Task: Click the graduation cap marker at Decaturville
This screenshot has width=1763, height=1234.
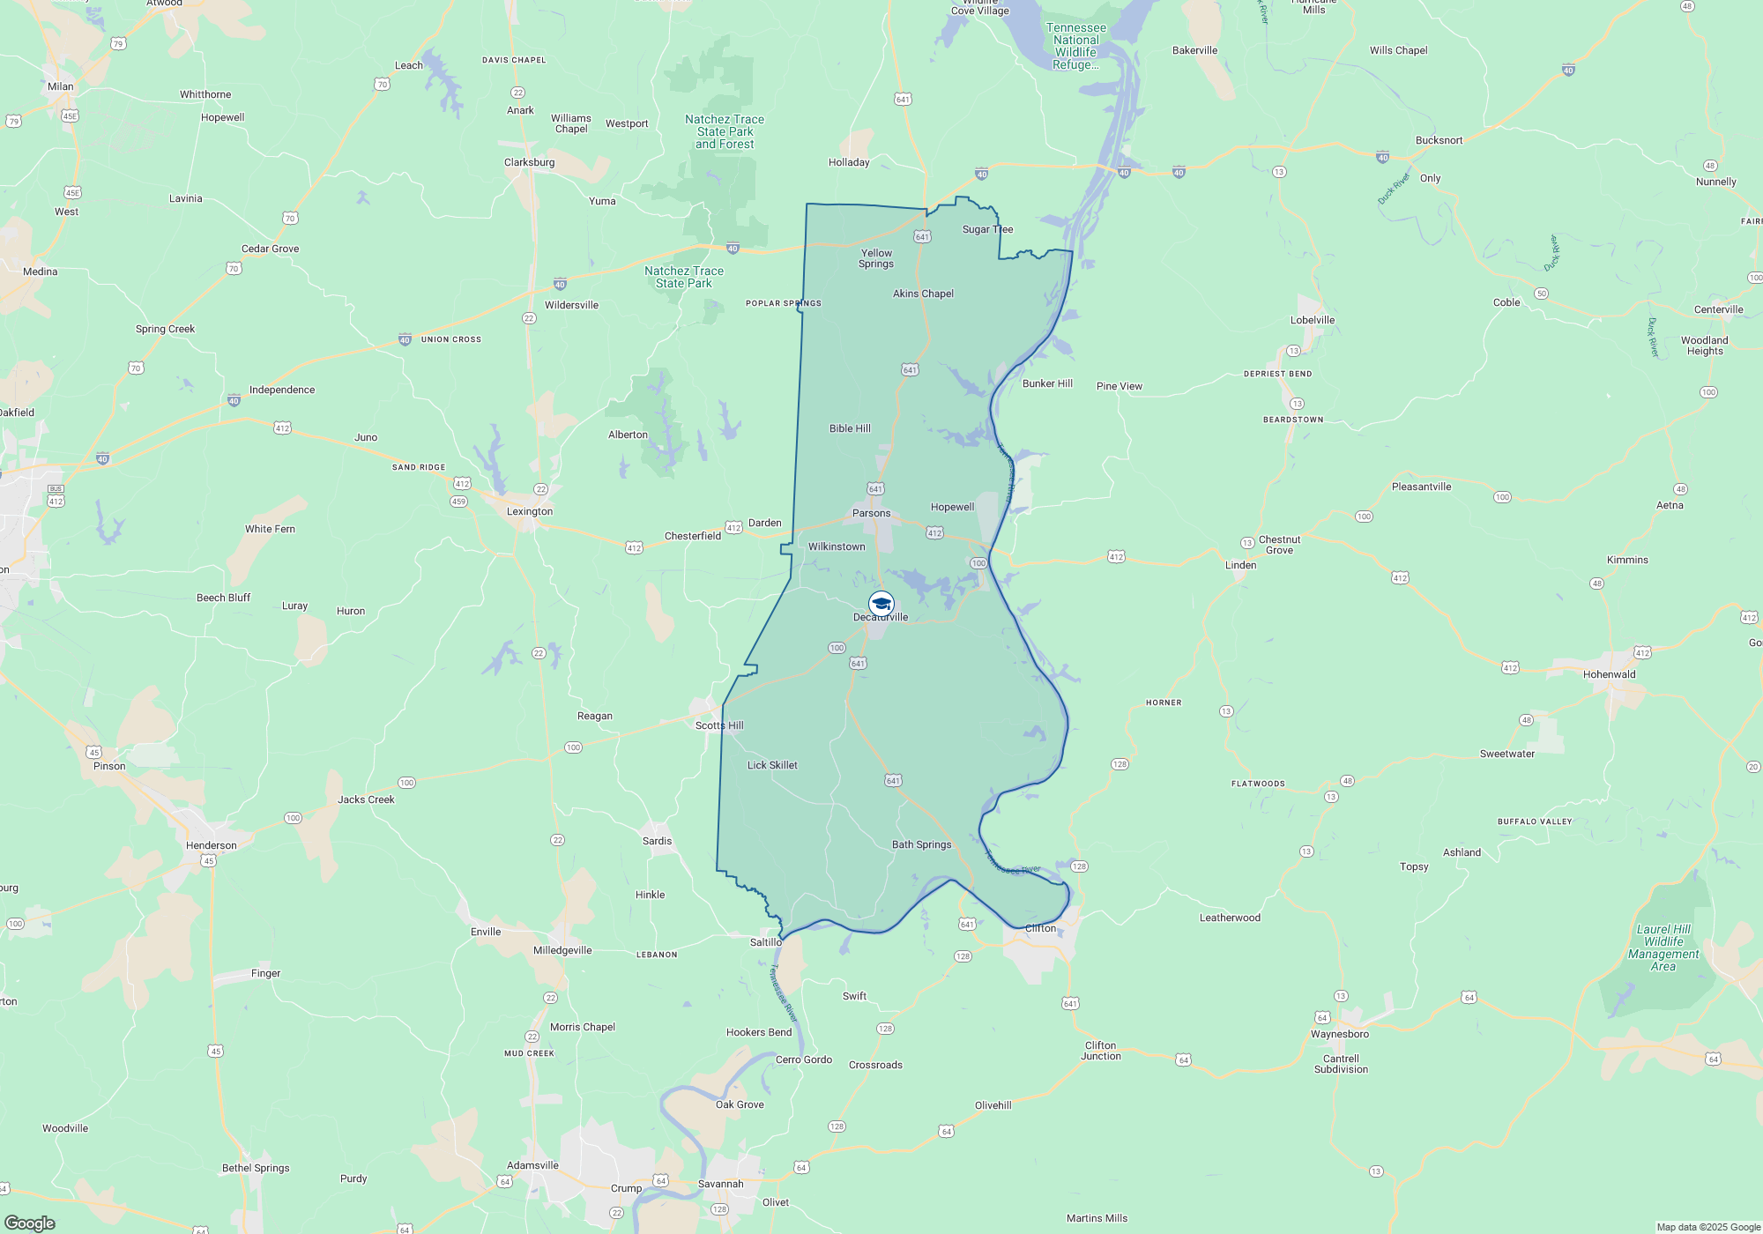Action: tap(881, 604)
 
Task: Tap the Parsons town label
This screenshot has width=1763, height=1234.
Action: tap(871, 513)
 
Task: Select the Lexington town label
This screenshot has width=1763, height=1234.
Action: tap(530, 511)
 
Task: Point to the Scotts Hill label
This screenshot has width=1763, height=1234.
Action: tap(719, 725)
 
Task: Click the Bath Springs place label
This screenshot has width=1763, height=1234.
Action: tap(921, 844)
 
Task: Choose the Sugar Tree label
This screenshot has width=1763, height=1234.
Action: tap(987, 229)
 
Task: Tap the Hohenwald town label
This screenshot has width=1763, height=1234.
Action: tap(1609, 674)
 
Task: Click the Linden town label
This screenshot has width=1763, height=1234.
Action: tap(1240, 565)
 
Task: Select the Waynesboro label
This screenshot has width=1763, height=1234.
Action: tap(1339, 1034)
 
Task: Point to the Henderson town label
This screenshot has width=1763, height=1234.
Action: tap(211, 845)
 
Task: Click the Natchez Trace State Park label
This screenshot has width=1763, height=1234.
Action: tap(684, 277)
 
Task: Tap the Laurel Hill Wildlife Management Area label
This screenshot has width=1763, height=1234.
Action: tap(1663, 948)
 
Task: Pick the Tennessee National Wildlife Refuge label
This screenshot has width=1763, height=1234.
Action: tap(1075, 46)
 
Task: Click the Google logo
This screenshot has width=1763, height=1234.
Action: tap(30, 1223)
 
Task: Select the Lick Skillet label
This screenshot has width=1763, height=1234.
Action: tap(772, 765)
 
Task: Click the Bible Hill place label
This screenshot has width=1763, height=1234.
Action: tap(850, 428)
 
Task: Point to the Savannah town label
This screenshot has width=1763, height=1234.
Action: tap(720, 1184)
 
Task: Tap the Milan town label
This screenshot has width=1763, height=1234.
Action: tap(61, 86)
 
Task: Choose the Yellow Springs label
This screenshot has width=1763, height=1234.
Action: tap(876, 258)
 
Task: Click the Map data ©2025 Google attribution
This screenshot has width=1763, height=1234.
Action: tap(1707, 1227)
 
